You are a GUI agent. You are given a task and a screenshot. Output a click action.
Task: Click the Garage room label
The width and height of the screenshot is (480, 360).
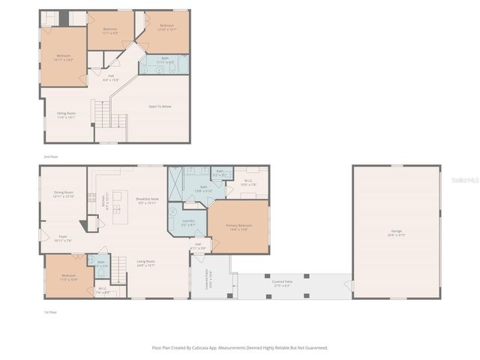[396, 231]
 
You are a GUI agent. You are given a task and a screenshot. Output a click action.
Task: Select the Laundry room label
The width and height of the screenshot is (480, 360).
[189, 220]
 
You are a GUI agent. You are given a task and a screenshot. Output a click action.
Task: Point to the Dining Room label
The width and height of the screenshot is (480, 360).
[63, 193]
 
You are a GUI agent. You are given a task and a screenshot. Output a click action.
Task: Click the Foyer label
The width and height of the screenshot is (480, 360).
[63, 236]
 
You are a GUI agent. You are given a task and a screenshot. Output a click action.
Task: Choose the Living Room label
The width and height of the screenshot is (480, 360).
[145, 261]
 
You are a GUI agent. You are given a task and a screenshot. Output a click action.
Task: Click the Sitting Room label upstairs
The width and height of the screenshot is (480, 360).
[66, 114]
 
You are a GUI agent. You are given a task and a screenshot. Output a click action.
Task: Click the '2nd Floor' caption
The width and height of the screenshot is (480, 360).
[49, 157]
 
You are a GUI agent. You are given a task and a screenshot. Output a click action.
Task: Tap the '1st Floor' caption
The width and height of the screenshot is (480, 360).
[49, 312]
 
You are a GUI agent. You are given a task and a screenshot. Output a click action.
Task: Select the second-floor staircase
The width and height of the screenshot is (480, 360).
[102, 115]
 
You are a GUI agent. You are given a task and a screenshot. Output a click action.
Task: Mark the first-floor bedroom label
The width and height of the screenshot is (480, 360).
[68, 275]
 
